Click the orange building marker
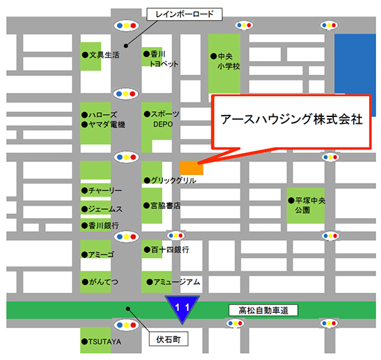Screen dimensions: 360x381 (x=191, y=168)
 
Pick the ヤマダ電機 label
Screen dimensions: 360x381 (x=107, y=125)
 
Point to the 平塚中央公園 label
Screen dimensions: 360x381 (x=308, y=205)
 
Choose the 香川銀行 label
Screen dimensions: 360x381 (x=103, y=226)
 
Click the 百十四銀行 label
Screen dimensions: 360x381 (x=169, y=249)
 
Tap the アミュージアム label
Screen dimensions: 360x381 (x=176, y=282)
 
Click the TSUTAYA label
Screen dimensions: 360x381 (x=105, y=342)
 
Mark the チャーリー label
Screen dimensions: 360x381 (x=104, y=190)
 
